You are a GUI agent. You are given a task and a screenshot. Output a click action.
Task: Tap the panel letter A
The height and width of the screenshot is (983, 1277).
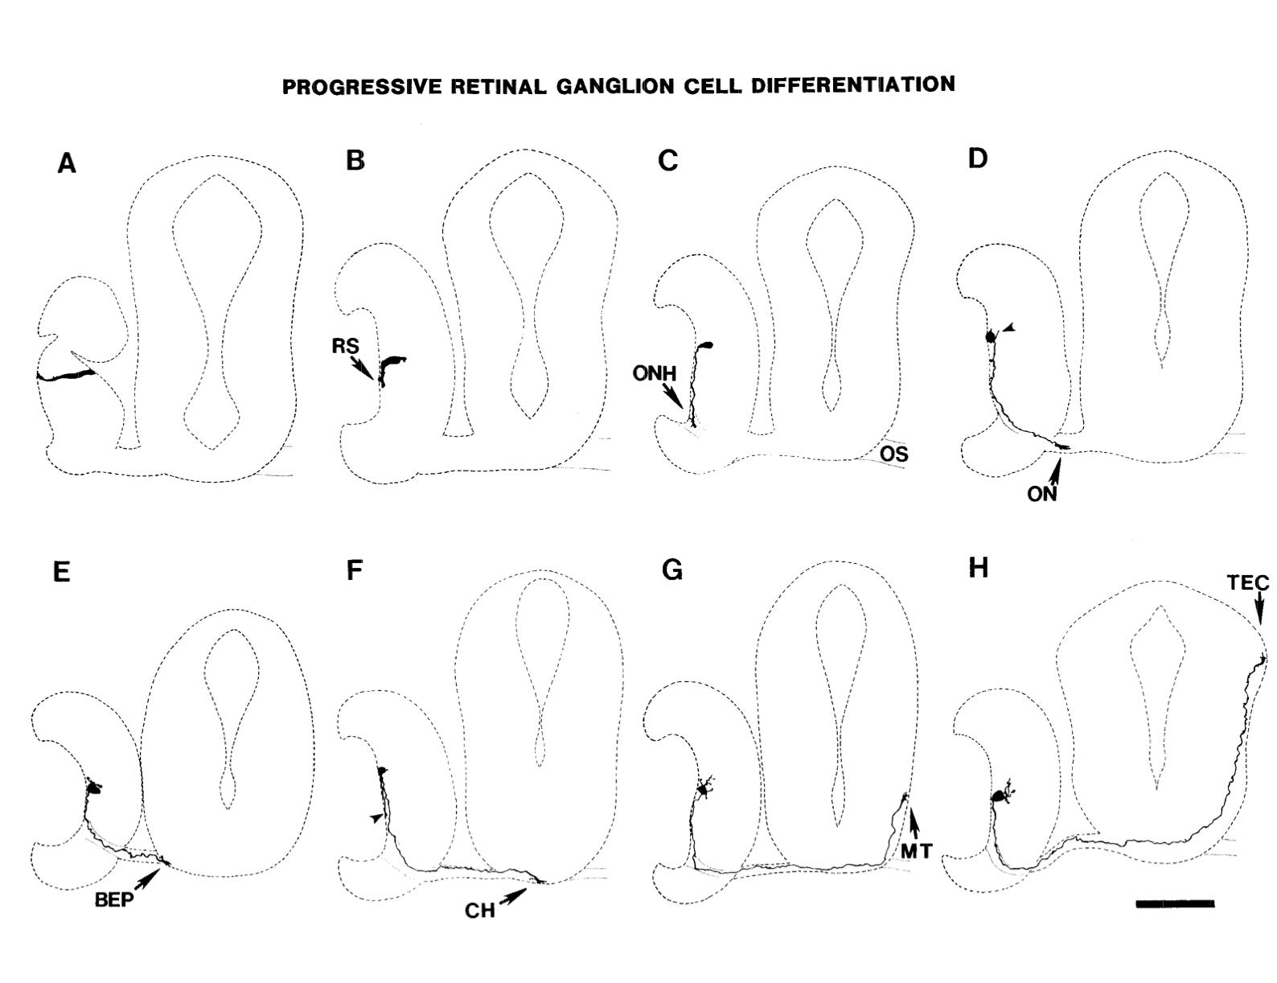(67, 164)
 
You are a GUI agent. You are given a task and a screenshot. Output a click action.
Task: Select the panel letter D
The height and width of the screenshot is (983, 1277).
(977, 158)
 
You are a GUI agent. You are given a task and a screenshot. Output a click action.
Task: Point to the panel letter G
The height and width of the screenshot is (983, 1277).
(671, 570)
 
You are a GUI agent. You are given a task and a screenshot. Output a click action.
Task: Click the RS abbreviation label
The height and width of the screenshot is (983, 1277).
(345, 346)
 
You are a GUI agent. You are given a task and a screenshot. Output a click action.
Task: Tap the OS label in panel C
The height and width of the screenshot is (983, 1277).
(893, 454)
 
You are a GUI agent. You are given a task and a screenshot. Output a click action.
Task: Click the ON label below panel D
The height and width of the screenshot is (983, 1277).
(1041, 494)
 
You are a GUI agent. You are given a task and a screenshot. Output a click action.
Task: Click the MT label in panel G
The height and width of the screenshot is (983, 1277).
(915, 849)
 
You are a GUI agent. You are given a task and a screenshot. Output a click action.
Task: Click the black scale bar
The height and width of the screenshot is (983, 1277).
(1175, 903)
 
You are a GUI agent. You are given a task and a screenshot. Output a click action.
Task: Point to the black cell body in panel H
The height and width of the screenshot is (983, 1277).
(1001, 796)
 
